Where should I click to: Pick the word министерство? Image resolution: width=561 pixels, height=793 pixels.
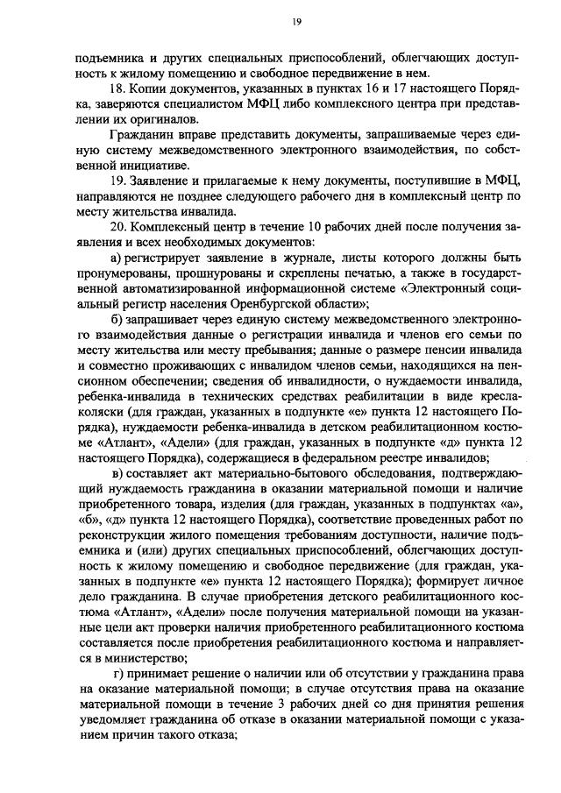point(142,658)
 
